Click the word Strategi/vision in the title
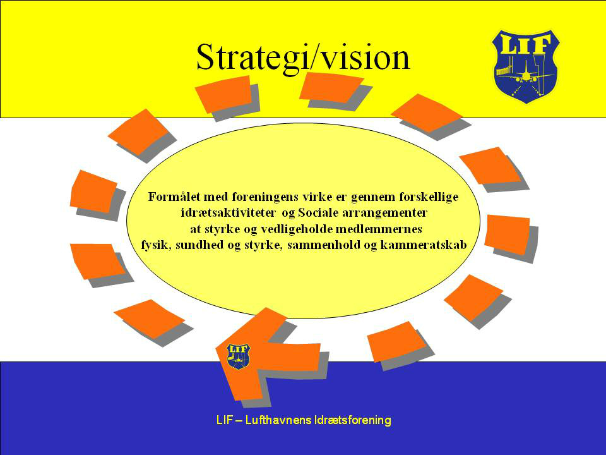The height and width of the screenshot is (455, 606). pyautogui.click(x=303, y=58)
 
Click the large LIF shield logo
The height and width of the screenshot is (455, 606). pyautogui.click(x=526, y=66)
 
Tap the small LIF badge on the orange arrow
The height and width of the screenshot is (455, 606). pyautogui.click(x=238, y=356)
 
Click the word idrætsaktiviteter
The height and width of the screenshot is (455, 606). pyautogui.click(x=228, y=213)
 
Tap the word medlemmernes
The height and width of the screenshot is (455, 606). pyautogui.click(x=378, y=229)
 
